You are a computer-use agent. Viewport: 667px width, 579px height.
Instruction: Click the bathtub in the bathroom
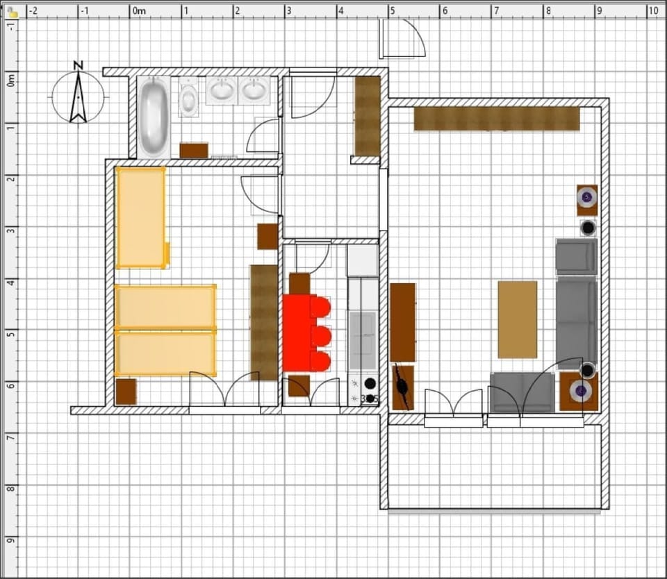[x=154, y=117]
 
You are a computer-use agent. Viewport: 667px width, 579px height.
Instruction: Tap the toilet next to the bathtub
[x=188, y=97]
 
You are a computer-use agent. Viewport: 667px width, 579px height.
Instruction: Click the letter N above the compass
[x=79, y=65]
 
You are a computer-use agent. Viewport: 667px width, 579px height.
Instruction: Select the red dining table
[x=299, y=333]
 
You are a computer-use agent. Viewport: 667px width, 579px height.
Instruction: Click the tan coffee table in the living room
[x=517, y=319]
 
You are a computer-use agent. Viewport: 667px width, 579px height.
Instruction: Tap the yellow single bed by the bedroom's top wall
[x=141, y=218]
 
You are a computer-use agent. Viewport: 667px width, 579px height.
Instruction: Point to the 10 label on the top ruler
[x=653, y=10]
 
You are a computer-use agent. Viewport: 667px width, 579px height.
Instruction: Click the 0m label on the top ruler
[x=139, y=10]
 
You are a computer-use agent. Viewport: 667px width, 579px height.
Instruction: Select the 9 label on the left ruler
[x=10, y=540]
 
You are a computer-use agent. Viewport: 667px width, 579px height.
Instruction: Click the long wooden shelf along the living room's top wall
[x=497, y=119]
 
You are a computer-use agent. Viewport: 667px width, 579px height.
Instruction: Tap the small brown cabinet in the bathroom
[x=194, y=151]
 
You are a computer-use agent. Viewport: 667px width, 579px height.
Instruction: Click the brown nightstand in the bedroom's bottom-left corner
[x=126, y=392]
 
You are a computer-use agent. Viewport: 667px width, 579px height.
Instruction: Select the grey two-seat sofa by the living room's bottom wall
[x=522, y=392]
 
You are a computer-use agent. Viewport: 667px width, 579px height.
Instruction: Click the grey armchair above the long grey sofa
[x=577, y=256]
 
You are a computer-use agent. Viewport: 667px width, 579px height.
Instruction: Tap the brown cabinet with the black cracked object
[x=403, y=387]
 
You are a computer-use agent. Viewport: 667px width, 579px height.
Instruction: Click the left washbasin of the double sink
[x=222, y=90]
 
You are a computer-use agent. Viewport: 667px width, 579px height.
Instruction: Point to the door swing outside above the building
[x=402, y=39]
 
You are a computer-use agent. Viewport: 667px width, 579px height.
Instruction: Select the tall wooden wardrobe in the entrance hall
[x=368, y=116]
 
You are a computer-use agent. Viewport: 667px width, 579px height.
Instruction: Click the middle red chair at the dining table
[x=320, y=335]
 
